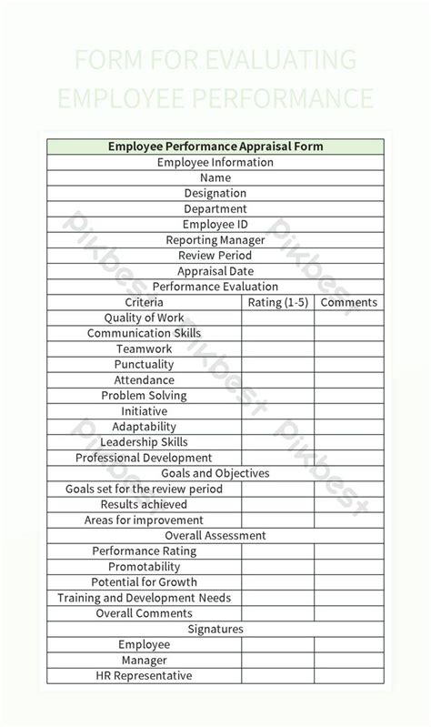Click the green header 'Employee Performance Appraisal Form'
[x=215, y=146]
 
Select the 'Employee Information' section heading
[x=215, y=162]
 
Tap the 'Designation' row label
[x=215, y=193]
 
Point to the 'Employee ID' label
[x=215, y=224]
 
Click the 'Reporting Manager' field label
[x=215, y=240]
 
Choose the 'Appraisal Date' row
[x=215, y=271]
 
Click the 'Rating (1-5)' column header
[x=278, y=302]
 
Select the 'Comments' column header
[x=349, y=302]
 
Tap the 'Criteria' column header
[x=145, y=302]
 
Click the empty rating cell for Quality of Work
[x=278, y=318]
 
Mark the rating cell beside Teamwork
[x=278, y=348]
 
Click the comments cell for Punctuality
[x=349, y=364]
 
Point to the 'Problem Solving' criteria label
[x=144, y=396]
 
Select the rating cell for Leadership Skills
[x=278, y=442]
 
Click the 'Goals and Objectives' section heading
[x=215, y=473]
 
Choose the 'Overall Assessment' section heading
[x=215, y=536]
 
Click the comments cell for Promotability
[x=349, y=567]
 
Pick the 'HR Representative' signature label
[x=144, y=676]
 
